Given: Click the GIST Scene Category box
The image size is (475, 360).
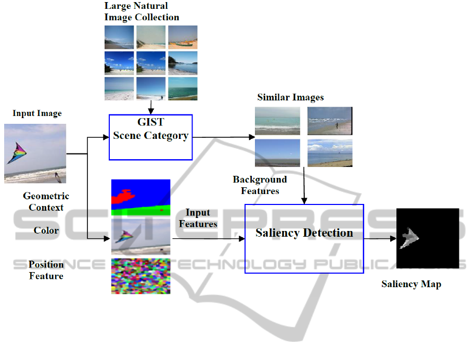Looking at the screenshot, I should pos(150,137).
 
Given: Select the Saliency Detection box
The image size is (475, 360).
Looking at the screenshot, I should pos(304,238).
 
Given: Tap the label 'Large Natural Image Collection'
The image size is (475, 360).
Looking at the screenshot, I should pos(142,11).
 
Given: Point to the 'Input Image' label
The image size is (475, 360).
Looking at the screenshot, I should pos(37,113).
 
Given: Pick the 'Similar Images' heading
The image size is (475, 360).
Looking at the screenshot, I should pos(290,97).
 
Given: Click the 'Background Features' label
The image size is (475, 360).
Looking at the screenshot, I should pos(260,185).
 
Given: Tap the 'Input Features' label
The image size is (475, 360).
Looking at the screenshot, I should pos(198,218).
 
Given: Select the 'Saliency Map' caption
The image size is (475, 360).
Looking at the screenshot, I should pos(411,284).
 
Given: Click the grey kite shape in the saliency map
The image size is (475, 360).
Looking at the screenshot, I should pos(410,237).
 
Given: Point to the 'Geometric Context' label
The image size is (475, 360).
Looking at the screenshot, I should pos(46,202).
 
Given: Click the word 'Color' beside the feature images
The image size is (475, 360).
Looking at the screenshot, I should pos(46,230).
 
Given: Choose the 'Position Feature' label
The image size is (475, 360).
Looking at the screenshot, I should pos(46,270).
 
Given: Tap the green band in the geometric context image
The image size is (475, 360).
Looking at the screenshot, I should pos(140,211).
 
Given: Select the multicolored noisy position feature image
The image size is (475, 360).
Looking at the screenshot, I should pos(140,276).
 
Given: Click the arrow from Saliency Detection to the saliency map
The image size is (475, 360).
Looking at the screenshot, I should pos(380,239).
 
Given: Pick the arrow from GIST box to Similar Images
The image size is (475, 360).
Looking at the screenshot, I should pos(224,138).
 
